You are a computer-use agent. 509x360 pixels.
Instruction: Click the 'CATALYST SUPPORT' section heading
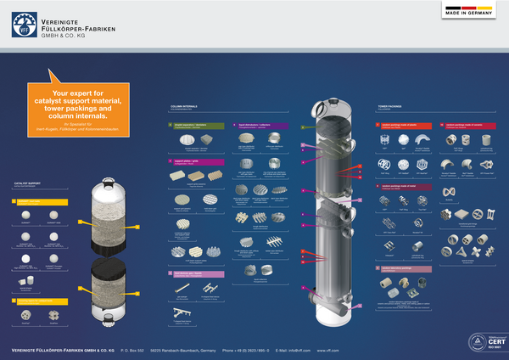pyautogui.click(x=29, y=183)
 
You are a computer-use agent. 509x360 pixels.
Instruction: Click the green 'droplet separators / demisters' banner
pyautogui.click(x=199, y=125)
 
